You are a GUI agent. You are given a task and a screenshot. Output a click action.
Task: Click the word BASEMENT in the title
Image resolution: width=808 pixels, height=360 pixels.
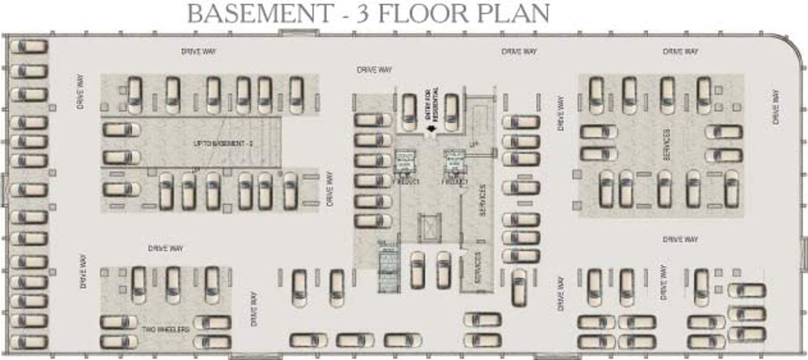[x=259, y=13]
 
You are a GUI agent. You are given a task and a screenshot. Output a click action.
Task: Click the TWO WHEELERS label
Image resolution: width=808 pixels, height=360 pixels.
[x=166, y=329]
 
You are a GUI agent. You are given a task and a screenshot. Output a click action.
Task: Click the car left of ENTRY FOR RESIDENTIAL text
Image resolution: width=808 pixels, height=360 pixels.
[x=409, y=111]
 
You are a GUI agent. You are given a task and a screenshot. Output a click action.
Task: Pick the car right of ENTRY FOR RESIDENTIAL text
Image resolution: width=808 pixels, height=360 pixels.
[x=451, y=111]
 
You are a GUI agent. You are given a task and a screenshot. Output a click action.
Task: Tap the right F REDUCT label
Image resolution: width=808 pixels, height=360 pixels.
[x=455, y=182]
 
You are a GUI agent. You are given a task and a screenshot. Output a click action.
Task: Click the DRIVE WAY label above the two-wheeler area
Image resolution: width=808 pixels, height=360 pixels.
[x=165, y=248]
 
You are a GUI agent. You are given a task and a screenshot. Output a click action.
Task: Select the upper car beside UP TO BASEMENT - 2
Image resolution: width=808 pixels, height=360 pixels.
[x=122, y=129]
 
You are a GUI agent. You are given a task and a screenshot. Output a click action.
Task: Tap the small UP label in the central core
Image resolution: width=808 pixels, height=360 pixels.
[x=474, y=144]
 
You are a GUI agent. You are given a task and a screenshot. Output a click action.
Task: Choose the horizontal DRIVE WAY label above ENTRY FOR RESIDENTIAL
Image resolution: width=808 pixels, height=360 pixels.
[x=374, y=70]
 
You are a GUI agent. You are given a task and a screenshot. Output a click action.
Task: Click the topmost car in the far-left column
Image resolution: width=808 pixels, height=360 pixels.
[x=28, y=47]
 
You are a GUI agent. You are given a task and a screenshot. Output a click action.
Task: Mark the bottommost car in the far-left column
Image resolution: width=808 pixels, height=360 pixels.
[x=28, y=342]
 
